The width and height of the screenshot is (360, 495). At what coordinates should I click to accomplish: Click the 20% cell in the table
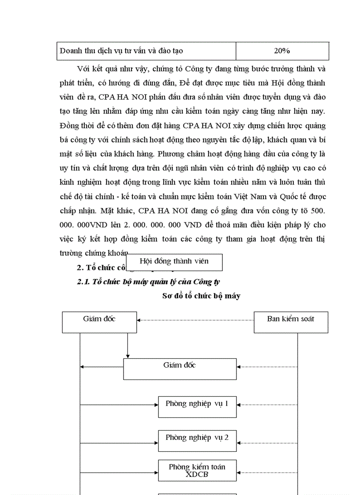tap(282, 51)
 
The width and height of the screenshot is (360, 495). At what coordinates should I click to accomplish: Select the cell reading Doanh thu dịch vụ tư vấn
tap(121, 51)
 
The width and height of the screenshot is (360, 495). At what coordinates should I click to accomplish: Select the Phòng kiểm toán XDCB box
tap(197, 470)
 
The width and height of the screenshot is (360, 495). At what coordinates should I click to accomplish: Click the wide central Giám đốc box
tap(180, 369)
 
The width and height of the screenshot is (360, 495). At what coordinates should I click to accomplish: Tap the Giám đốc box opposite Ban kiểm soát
tap(99, 322)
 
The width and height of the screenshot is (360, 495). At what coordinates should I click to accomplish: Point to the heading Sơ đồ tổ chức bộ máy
tap(201, 296)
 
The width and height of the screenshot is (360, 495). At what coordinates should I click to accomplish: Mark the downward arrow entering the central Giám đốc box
tap(127, 346)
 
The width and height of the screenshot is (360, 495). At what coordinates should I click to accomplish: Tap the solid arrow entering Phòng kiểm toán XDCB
tap(119, 473)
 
